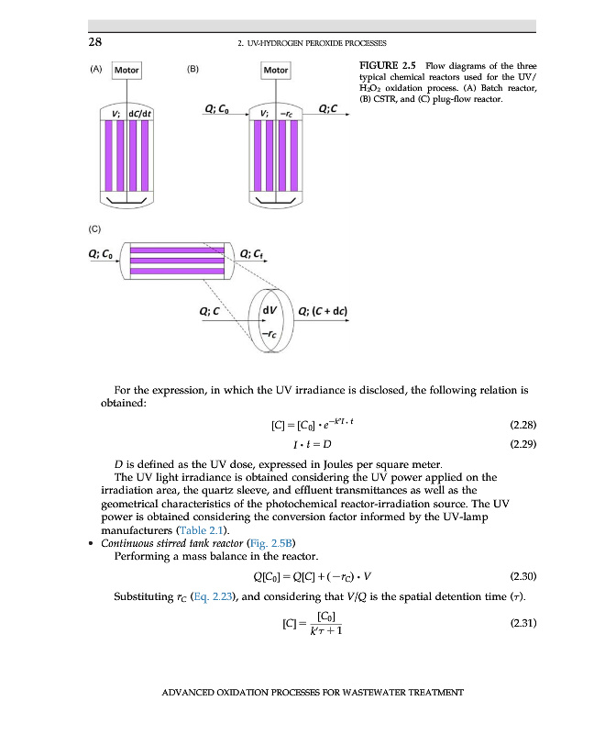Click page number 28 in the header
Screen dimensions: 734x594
coord(94,43)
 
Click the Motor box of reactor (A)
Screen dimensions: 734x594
coord(127,71)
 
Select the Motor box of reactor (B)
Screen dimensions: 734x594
coord(275,71)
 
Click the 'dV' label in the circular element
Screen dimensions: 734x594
coord(270,310)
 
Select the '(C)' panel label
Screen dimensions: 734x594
coord(94,227)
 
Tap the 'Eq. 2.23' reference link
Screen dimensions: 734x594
coord(207,595)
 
